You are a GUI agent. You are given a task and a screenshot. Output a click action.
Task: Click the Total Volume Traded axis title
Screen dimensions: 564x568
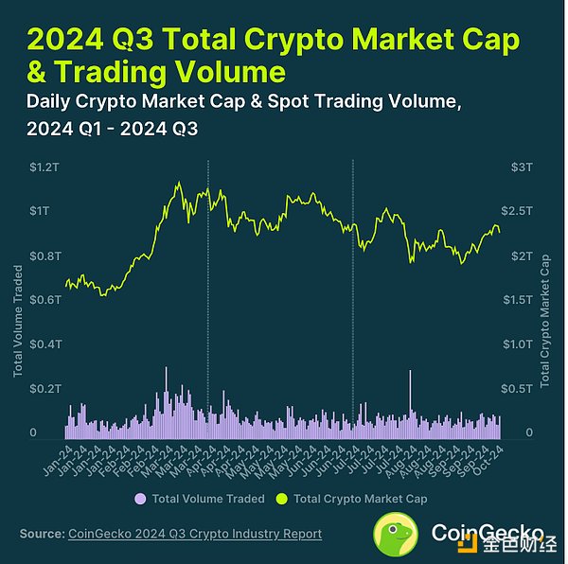[x=18, y=321]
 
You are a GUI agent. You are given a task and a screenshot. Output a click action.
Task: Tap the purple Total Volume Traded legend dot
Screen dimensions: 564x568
[x=140, y=498]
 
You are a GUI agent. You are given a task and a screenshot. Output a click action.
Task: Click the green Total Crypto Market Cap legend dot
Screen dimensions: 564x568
[x=281, y=498]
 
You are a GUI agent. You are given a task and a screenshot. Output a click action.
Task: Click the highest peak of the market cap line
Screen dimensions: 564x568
[x=178, y=182]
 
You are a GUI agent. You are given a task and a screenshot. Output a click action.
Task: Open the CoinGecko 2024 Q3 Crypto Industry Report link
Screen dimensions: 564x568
[x=195, y=534]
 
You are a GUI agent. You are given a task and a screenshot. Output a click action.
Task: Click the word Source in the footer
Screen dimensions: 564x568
[x=42, y=534]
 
